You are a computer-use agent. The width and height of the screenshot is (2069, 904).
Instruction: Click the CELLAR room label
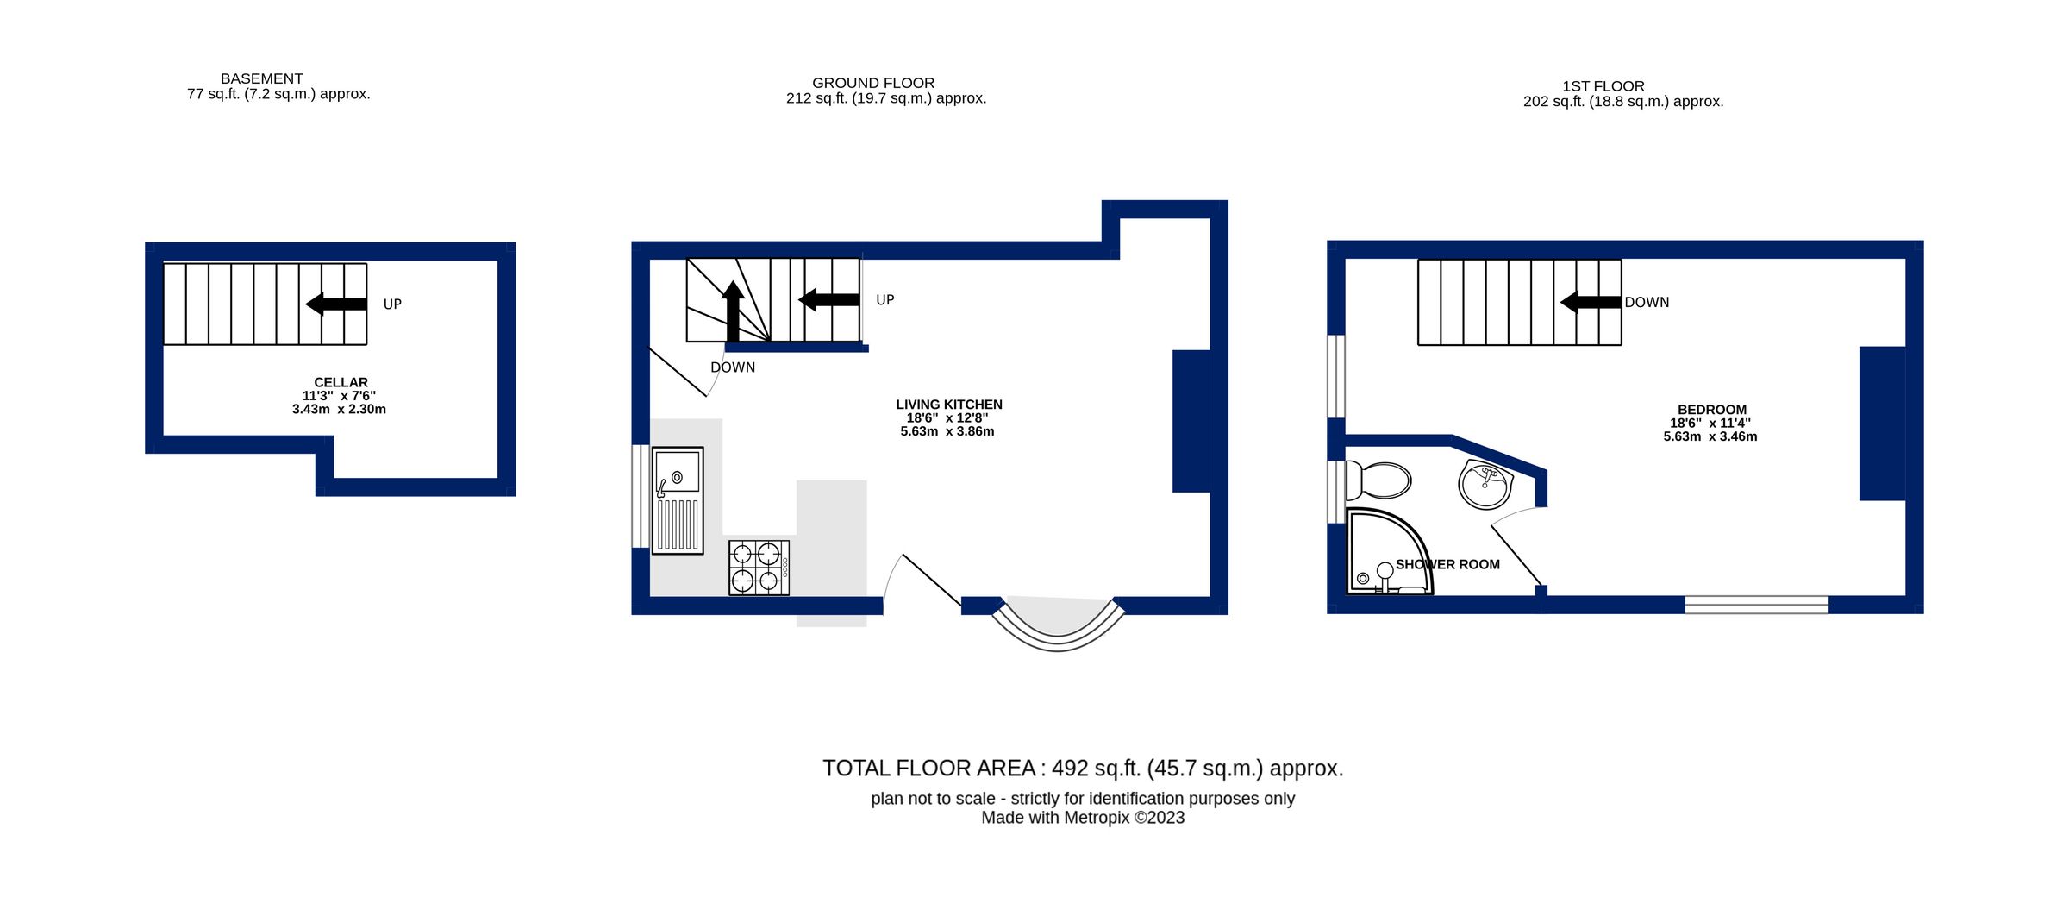click(341, 382)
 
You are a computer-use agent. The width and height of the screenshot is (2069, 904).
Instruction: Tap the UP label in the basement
click(392, 304)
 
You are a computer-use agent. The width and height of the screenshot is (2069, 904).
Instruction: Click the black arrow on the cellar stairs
click(336, 304)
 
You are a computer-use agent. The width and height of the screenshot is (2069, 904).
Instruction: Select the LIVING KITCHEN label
click(948, 405)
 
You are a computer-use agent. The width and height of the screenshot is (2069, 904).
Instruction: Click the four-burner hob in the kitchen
click(759, 567)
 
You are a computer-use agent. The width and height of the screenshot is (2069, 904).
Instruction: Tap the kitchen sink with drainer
click(678, 500)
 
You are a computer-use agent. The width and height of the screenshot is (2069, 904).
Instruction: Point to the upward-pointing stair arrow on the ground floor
click(733, 311)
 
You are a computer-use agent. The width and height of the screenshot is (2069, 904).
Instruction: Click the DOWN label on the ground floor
click(733, 367)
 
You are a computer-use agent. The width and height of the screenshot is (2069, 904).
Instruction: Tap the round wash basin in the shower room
click(1485, 484)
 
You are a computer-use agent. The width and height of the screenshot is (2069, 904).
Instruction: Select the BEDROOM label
click(1711, 410)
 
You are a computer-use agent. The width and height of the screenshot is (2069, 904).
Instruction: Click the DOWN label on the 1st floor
click(1647, 303)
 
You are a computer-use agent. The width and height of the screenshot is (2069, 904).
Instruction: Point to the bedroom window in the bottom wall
click(1756, 605)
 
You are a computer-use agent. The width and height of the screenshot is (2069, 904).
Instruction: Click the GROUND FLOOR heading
click(872, 83)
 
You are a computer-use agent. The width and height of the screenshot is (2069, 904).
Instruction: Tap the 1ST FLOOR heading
click(1603, 86)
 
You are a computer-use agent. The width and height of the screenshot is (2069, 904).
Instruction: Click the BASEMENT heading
click(261, 78)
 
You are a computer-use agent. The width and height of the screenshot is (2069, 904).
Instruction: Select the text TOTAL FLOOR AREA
click(928, 769)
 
